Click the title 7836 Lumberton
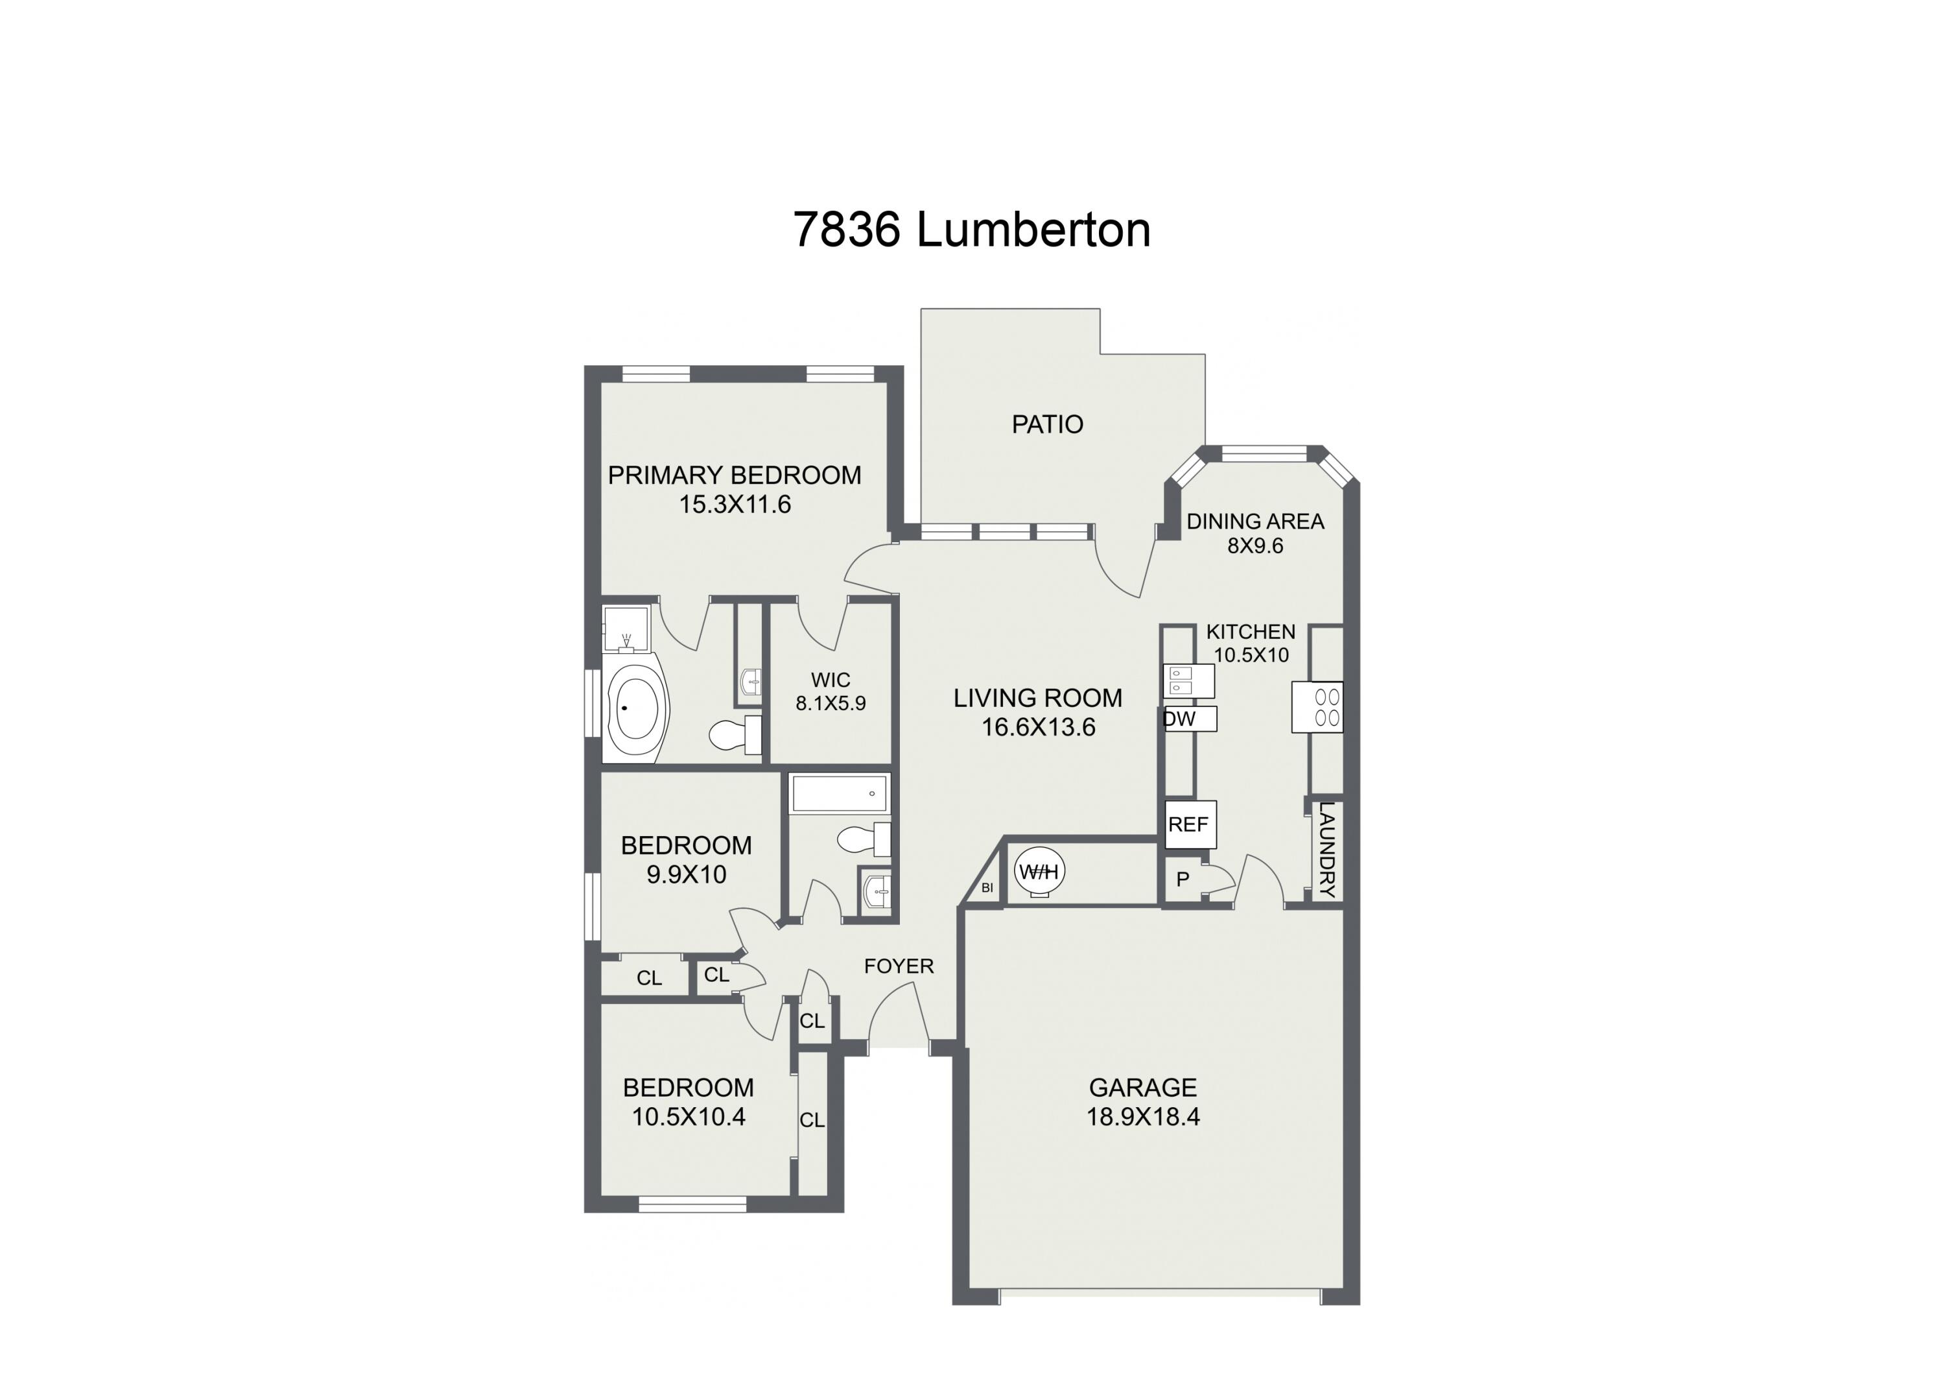[x=972, y=230]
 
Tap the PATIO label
[x=1047, y=424]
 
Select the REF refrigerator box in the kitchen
[x=1189, y=824]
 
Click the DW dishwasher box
[x=1189, y=719]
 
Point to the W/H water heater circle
[x=1039, y=871]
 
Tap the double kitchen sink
[x=1188, y=680]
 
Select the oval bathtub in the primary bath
[x=635, y=708]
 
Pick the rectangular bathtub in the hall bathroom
[x=839, y=794]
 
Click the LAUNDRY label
[x=1326, y=850]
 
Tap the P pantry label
[x=1183, y=880]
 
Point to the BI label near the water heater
[x=986, y=888]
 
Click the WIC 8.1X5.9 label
[x=830, y=691]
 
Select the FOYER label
[x=898, y=966]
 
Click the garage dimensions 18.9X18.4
[x=1143, y=1117]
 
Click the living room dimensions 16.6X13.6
[x=1038, y=728]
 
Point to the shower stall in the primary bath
[x=625, y=628]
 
